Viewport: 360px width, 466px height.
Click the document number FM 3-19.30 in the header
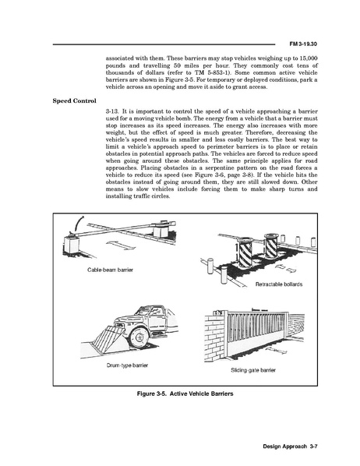pos(303,44)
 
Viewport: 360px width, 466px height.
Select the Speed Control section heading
pos(75,101)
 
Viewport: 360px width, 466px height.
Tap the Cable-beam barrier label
pos(111,270)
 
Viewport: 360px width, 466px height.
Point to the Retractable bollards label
pos(279,284)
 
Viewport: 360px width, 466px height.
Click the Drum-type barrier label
pos(127,365)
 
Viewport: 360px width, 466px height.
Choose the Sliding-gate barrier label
pos(253,370)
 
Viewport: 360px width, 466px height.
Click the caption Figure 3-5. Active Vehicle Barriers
pos(185,394)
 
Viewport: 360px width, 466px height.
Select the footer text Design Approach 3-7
pos(291,447)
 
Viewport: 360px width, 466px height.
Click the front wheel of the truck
pos(139,338)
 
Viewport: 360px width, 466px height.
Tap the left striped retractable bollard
pos(246,252)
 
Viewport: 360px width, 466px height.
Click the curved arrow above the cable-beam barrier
pos(79,224)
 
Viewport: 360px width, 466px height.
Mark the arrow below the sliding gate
pos(276,351)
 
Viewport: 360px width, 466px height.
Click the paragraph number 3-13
pos(112,111)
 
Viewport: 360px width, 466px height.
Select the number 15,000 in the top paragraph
pos(309,58)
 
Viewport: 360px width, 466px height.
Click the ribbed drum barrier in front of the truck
pos(107,336)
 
